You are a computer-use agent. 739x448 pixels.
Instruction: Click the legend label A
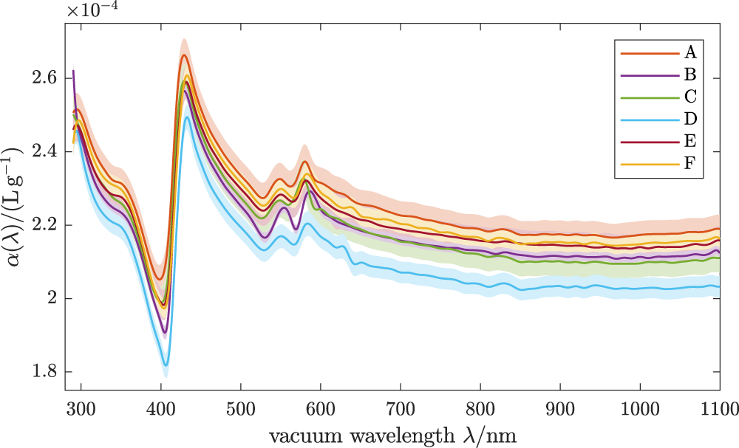[691, 52]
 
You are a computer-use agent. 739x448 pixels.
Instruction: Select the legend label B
[691, 75]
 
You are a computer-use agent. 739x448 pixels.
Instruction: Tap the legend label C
[691, 96]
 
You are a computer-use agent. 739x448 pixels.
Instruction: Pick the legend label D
[691, 118]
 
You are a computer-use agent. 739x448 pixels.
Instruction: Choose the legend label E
[691, 139]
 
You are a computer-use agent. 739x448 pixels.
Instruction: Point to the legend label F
[691, 162]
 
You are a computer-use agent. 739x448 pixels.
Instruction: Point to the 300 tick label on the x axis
[81, 407]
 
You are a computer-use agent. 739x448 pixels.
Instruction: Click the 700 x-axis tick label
[401, 407]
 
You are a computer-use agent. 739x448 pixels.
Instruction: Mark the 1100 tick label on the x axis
[718, 407]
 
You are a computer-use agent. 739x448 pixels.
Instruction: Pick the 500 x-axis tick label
[240, 407]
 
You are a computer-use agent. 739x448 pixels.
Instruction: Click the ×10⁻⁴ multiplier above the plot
[94, 11]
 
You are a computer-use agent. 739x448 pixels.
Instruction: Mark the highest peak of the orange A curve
[184, 55]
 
